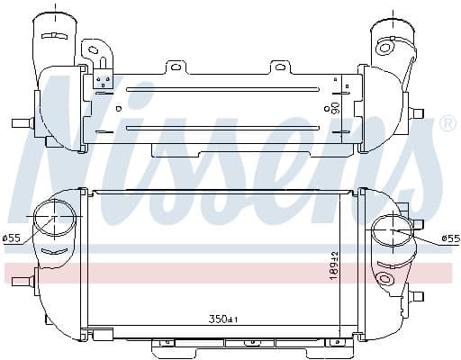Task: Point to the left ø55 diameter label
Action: click(12, 238)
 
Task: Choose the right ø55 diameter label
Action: click(450, 238)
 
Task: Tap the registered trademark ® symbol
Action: click(447, 124)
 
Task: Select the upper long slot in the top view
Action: click(221, 89)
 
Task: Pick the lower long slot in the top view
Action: click(221, 128)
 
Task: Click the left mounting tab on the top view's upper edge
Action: click(175, 67)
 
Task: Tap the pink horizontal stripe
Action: click(230, 270)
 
